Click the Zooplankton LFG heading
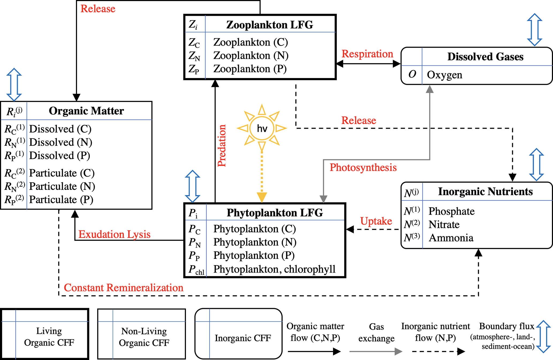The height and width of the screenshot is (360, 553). (269, 25)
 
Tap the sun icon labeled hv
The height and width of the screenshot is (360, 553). (262, 128)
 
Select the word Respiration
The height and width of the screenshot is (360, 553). (367, 54)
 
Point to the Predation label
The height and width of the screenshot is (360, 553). (222, 145)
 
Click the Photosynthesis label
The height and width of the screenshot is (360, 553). (363, 167)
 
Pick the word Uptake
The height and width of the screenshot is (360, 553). (376, 221)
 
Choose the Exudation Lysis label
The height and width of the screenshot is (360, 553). (114, 234)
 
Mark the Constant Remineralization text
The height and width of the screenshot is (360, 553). (124, 288)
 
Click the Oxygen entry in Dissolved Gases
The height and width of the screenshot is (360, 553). (444, 75)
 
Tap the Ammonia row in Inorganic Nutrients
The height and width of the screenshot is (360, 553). (451, 238)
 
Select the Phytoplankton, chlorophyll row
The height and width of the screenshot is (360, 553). (274, 269)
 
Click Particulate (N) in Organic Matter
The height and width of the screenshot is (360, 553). (62, 186)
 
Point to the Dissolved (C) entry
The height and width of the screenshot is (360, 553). (60, 129)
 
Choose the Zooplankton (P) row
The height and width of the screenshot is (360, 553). (250, 69)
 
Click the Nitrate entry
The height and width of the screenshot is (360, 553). (444, 225)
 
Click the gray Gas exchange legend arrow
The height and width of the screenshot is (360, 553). (376, 351)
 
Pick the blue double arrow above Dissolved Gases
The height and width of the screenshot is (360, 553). (534, 30)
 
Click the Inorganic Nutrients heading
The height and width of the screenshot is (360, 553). (485, 192)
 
